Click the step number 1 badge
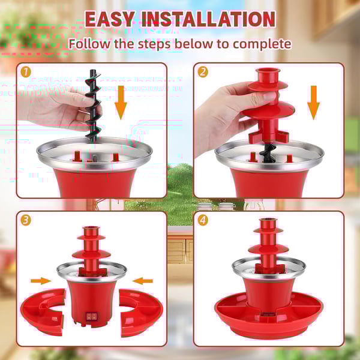25,71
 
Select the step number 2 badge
202,71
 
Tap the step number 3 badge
25,220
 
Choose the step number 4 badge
202,220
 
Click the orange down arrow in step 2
313,100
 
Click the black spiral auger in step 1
92,108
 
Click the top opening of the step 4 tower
268,223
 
